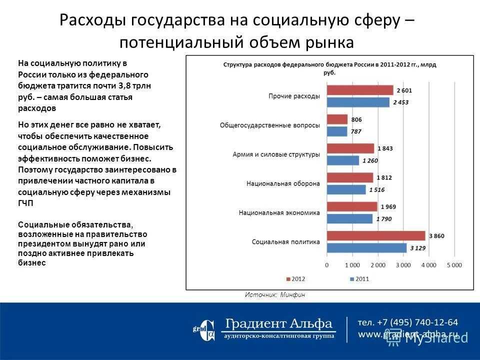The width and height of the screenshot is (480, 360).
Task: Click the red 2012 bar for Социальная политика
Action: point(376,235)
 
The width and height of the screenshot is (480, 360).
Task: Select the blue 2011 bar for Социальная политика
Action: point(366,247)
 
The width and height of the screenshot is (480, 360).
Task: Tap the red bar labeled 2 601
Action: point(360,90)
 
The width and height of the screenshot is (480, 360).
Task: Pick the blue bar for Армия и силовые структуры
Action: point(343,160)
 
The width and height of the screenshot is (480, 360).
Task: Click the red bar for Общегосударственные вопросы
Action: point(337,119)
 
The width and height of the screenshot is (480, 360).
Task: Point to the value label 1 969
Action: point(388,206)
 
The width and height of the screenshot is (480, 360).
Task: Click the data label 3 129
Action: point(418,248)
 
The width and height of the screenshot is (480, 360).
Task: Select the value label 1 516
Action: point(377,190)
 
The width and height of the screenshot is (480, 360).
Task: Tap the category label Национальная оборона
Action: point(283,183)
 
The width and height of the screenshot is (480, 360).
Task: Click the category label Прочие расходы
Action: point(294,96)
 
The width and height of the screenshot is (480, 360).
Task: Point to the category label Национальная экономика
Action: point(279,212)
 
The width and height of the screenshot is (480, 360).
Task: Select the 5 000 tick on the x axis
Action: point(454,264)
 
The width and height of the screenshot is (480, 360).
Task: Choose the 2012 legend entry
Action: point(295,278)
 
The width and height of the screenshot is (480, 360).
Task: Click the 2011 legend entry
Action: point(359,278)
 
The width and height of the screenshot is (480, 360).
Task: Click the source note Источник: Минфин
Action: point(274,295)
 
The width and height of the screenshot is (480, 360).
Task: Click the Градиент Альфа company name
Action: point(278,323)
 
